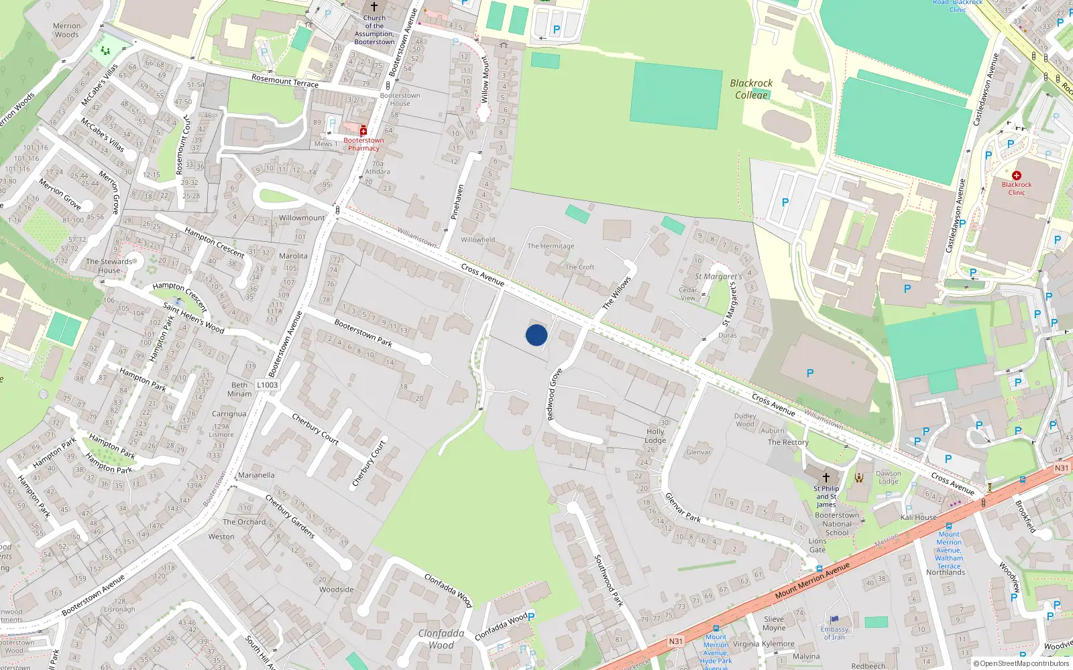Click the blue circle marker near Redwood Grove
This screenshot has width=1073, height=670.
pos(536,335)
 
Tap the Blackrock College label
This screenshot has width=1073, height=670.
pos(751,89)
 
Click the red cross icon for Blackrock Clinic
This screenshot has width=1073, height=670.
pos(1017,176)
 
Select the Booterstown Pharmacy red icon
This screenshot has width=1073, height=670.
pos(363,131)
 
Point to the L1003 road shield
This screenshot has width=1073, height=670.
pos(267,385)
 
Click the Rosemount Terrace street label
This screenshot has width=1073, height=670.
pos(285,81)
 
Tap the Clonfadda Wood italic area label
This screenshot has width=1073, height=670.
pos(441,639)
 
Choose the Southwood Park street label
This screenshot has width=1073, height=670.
pos(609,580)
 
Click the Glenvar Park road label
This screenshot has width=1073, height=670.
pos(683,507)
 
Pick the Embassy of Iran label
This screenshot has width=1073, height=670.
pos(834,633)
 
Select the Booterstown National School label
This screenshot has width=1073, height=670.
pos(837,524)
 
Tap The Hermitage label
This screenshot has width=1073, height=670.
pos(551,246)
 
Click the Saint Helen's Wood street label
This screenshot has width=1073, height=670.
pos(193,318)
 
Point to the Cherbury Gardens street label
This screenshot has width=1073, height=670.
pos(290,516)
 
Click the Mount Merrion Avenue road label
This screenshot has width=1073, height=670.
pos(812,580)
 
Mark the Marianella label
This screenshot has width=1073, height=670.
pos(256,475)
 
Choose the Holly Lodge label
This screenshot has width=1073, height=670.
pos(655,436)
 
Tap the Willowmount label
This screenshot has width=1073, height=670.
pos(302,218)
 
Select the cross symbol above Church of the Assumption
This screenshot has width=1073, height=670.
pos(374,7)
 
